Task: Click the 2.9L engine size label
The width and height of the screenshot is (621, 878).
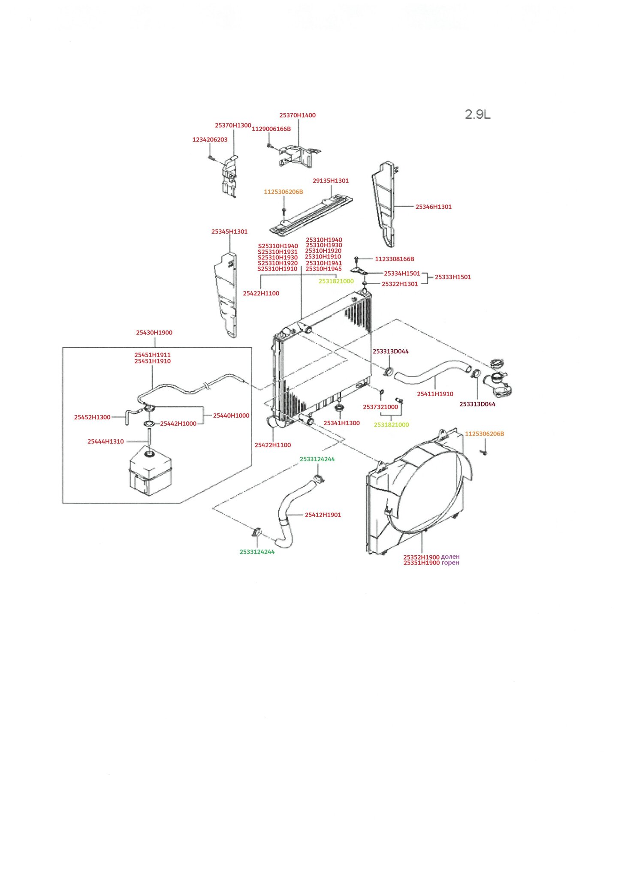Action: [x=478, y=114]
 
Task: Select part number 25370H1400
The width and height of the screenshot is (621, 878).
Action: [x=297, y=115]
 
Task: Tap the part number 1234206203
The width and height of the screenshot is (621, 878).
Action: [x=210, y=140]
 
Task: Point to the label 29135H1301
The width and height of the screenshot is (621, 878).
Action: [x=331, y=181]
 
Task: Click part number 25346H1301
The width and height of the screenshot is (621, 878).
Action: [x=433, y=207]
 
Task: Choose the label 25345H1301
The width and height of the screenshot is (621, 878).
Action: [x=229, y=232]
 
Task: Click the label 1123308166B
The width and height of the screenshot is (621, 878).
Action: [x=395, y=259]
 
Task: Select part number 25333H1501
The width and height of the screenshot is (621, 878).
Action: [x=453, y=277]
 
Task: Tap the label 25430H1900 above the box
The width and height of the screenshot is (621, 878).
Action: [x=154, y=333]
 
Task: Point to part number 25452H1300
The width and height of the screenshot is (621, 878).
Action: [x=92, y=417]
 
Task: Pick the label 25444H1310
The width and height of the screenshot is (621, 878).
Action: [x=106, y=442]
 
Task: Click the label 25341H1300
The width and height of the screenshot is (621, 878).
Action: [x=341, y=423]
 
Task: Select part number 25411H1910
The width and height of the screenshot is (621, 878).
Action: [x=435, y=394]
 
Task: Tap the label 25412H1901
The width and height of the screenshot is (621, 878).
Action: [x=323, y=515]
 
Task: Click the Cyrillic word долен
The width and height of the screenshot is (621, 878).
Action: [x=450, y=557]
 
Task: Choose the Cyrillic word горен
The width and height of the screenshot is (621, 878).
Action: [x=450, y=563]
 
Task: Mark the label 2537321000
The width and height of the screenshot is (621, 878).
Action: [x=380, y=407]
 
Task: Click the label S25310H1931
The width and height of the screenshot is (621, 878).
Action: [x=277, y=252]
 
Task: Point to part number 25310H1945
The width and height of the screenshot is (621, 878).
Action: [x=323, y=269]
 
